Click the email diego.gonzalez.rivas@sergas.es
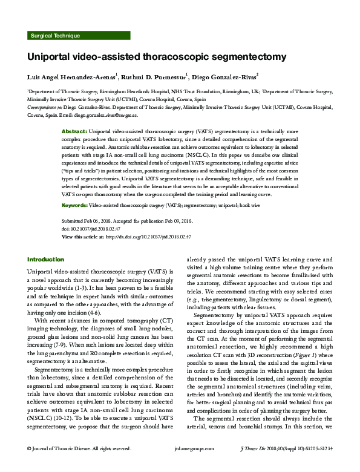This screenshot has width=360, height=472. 106,115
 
